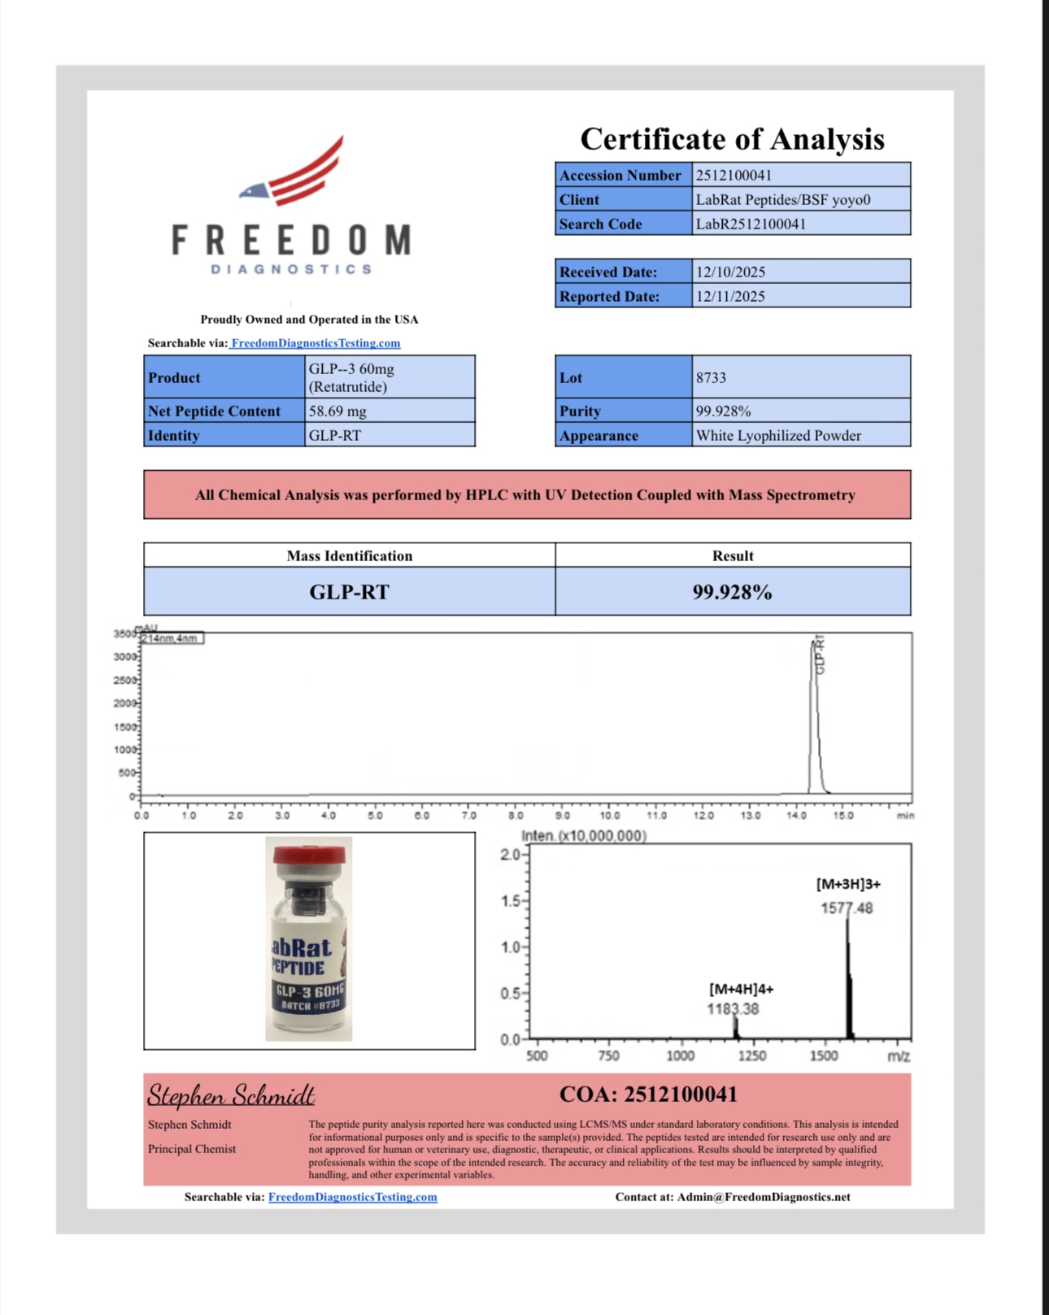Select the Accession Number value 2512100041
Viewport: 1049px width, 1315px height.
pos(733,175)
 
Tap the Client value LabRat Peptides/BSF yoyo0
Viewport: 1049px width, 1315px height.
pos(782,199)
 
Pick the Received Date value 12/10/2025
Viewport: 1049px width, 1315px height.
pos(730,272)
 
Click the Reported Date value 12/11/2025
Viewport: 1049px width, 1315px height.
pos(730,296)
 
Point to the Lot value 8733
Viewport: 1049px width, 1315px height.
pos(711,377)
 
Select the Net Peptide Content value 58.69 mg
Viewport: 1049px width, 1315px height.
pos(337,411)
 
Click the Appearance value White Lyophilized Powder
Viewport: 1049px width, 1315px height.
pos(778,435)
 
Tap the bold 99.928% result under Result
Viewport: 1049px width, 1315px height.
pos(732,592)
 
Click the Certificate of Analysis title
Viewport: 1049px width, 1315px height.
pos(732,139)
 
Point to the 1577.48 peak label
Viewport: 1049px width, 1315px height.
pos(847,908)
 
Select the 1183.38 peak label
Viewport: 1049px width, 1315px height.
pos(733,1009)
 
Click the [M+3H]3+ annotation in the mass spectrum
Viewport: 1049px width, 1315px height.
pos(848,884)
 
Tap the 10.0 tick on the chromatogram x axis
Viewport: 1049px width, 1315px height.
pos(610,815)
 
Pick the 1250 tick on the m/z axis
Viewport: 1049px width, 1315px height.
pos(751,1056)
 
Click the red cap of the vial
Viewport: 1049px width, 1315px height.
pos(309,856)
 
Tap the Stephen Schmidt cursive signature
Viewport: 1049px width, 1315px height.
pos(231,1095)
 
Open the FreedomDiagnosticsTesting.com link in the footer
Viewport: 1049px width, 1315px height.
pos(353,1197)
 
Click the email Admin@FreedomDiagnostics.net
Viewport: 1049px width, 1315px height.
pos(764,1197)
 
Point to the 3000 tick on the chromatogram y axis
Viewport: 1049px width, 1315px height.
pos(124,657)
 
